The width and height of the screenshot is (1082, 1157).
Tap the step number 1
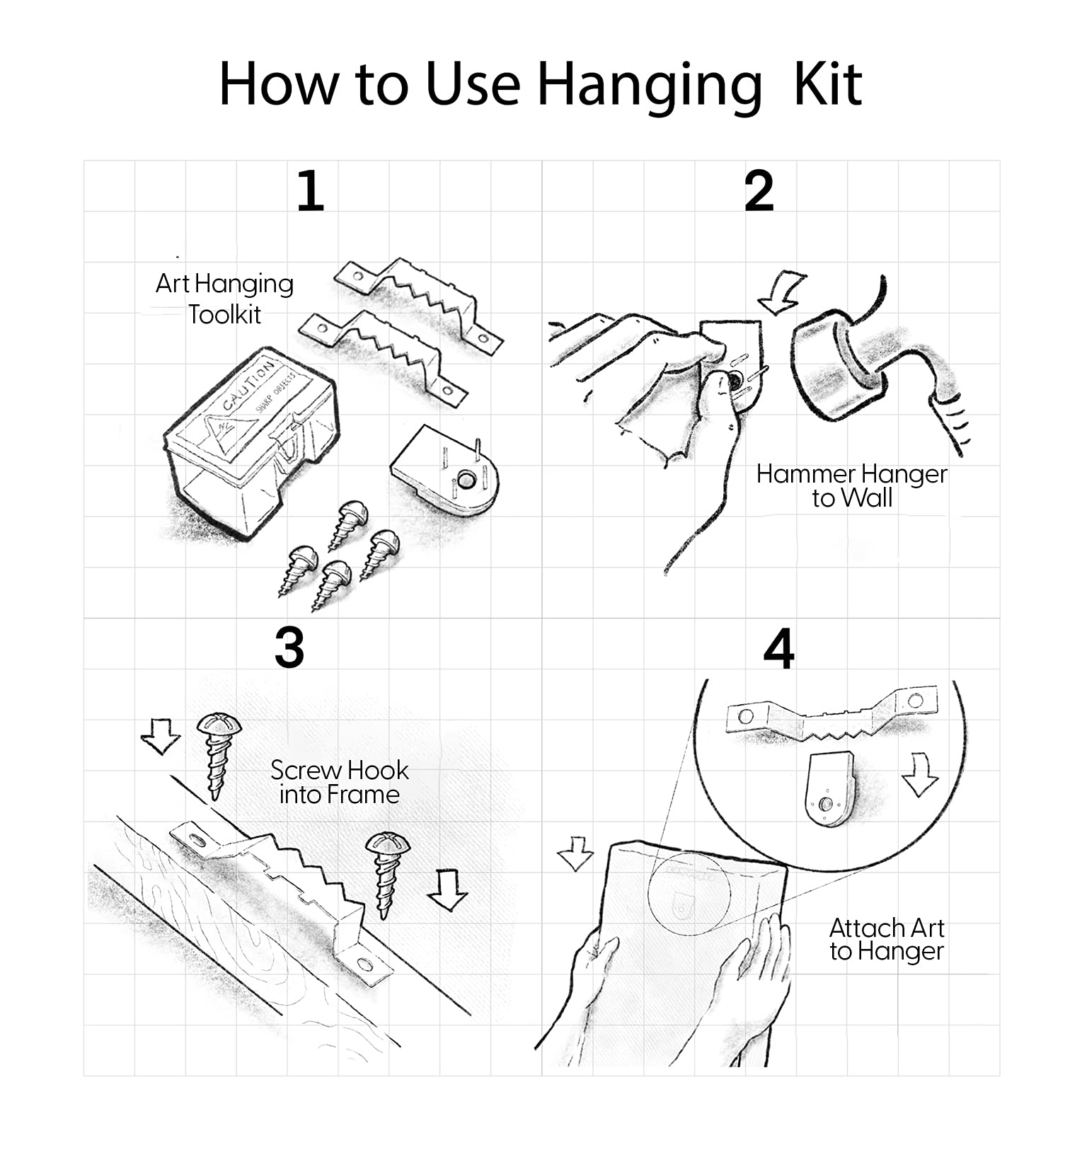pyautogui.click(x=310, y=191)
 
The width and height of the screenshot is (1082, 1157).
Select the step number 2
pyautogui.click(x=759, y=191)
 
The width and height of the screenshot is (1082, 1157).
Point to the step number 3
pyautogui.click(x=289, y=648)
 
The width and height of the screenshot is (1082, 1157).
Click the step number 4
pyautogui.click(x=779, y=649)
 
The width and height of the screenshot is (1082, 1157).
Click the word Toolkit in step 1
pyautogui.click(x=224, y=314)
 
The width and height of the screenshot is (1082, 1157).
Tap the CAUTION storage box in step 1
pyautogui.click(x=251, y=443)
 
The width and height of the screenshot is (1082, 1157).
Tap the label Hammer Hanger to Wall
pyautogui.click(x=851, y=486)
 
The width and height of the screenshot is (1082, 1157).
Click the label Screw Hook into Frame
pyautogui.click(x=339, y=782)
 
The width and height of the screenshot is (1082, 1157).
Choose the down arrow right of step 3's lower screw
pyautogui.click(x=447, y=890)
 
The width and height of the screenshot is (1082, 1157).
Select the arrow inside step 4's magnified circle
pyautogui.click(x=920, y=776)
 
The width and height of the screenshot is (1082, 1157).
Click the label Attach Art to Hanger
pyautogui.click(x=887, y=940)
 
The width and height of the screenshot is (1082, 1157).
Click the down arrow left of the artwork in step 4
pyautogui.click(x=575, y=853)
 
